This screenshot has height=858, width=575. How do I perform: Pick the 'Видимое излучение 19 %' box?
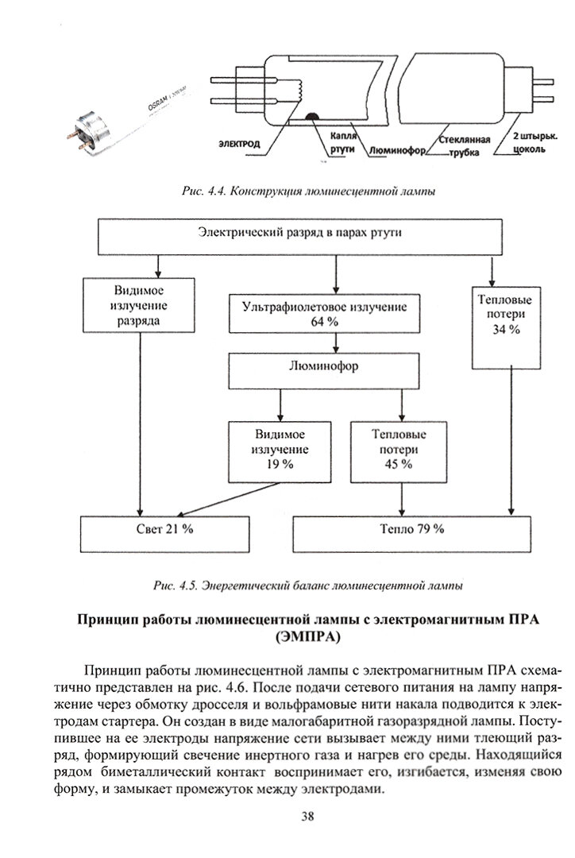280,450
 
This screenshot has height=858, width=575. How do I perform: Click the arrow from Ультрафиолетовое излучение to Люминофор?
338,342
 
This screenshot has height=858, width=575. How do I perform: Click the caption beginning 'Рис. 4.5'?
308,586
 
